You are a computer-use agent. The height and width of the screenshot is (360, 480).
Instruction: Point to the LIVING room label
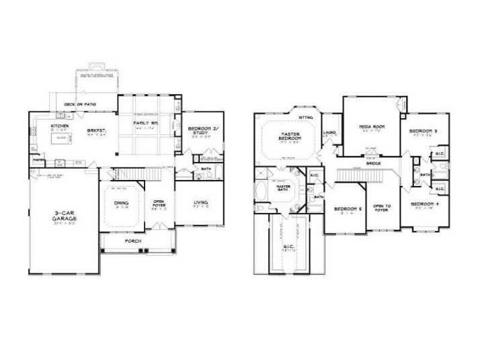point(200,202)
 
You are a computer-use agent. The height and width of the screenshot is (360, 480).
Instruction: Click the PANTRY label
point(40,159)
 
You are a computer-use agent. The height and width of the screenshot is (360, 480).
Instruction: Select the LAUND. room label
point(330,132)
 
